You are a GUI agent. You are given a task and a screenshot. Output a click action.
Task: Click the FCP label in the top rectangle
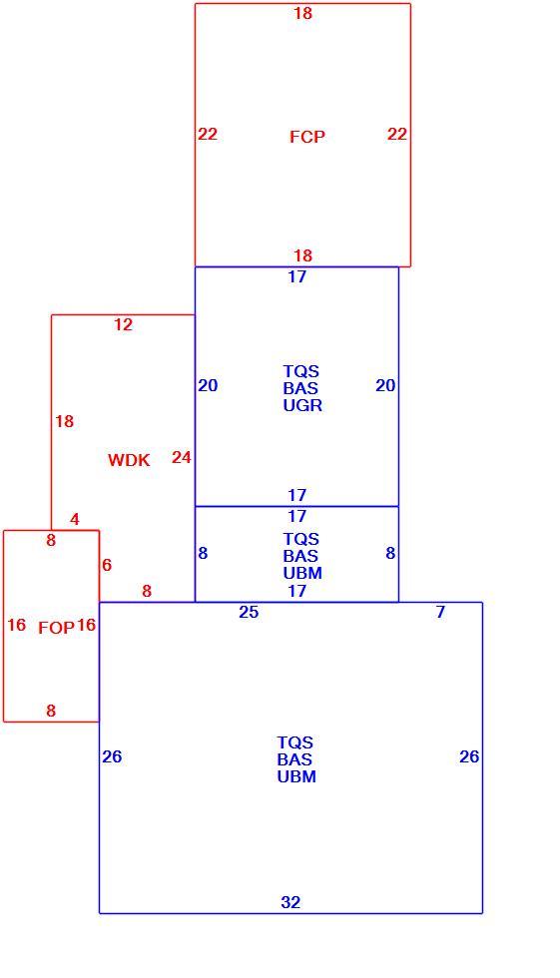point(306,137)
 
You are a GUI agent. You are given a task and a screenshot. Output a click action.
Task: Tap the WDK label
point(129,460)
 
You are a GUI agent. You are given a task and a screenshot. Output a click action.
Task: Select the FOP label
point(56,628)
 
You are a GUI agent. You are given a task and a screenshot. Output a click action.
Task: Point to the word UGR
point(302,405)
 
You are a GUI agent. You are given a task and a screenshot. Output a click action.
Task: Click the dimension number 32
point(290,902)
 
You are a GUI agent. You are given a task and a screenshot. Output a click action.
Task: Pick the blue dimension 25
point(249,612)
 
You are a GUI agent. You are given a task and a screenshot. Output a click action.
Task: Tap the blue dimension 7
point(440,612)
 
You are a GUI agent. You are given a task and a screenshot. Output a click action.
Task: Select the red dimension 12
point(123,324)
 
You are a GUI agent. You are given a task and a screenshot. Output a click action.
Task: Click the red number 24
point(181,457)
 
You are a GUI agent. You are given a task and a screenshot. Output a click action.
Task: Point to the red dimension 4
point(75,519)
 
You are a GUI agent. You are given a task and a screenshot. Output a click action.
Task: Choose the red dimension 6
point(107,565)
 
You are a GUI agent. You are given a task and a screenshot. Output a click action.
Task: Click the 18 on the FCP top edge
point(303,12)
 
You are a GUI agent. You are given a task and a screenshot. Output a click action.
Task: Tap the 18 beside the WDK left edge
point(64,421)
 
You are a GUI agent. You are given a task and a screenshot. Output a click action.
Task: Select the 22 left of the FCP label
point(208,134)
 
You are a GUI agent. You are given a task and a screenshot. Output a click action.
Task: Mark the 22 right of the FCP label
point(397,134)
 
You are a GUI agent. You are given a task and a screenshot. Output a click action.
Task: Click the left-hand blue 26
point(112,756)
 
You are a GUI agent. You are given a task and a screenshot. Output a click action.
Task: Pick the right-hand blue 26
point(469,756)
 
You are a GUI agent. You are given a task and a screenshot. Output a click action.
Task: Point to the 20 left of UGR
point(208,385)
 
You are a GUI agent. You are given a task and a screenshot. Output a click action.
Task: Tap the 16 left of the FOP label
point(17,625)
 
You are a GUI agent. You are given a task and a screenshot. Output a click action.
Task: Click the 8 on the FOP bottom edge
point(51,710)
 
